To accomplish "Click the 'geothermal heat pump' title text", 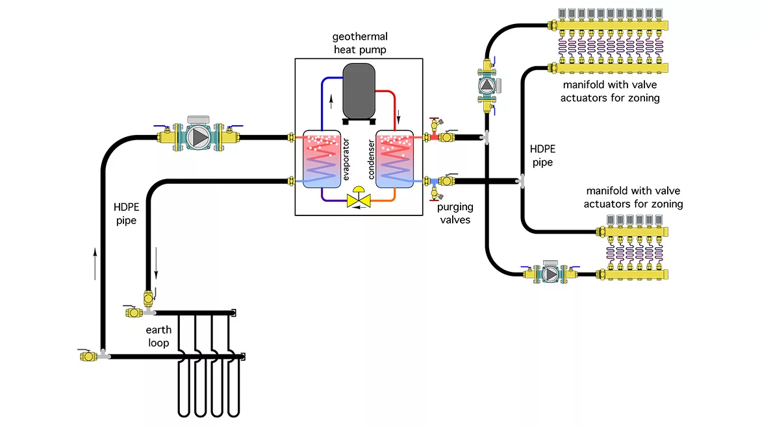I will (359, 43).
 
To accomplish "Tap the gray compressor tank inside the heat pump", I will (359, 90).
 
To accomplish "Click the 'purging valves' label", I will (455, 213).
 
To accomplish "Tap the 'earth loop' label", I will (158, 336).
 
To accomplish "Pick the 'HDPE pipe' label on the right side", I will (542, 155).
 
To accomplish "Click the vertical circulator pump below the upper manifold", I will (487, 84).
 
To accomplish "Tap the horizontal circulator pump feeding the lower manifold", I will (550, 273).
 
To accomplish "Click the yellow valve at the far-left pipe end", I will (84, 355).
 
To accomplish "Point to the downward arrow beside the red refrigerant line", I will (398, 119).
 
